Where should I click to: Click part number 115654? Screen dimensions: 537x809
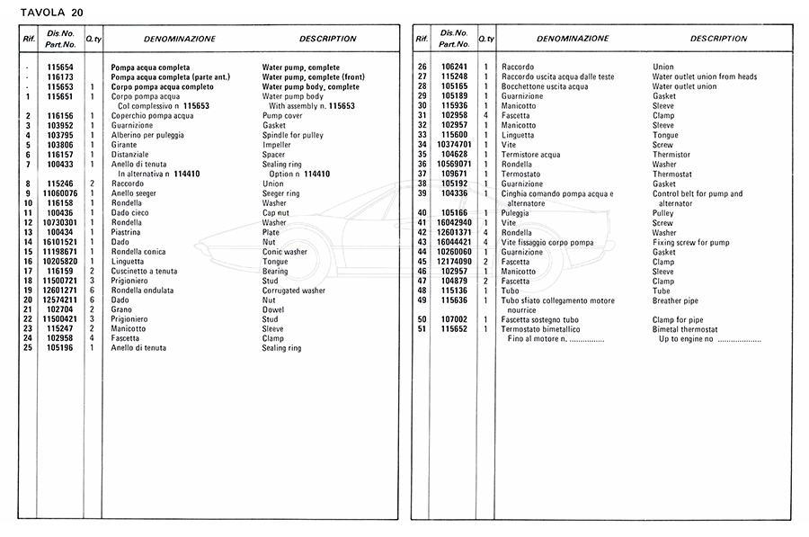point(60,67)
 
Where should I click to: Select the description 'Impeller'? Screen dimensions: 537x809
point(278,145)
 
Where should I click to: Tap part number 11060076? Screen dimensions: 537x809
point(60,193)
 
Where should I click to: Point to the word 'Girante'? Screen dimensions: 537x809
point(125,145)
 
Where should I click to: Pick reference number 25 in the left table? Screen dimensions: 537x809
point(29,348)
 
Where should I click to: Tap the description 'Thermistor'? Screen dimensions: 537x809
point(673,155)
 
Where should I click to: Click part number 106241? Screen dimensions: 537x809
point(454,67)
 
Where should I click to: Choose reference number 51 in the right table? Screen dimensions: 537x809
point(422,329)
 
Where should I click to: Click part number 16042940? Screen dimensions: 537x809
point(454,223)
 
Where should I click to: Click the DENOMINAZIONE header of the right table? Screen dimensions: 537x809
point(572,40)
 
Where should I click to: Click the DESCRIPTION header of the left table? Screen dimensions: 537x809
point(327,40)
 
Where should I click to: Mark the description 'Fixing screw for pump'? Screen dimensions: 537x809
point(691,242)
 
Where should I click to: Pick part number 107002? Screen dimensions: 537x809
point(454,319)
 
